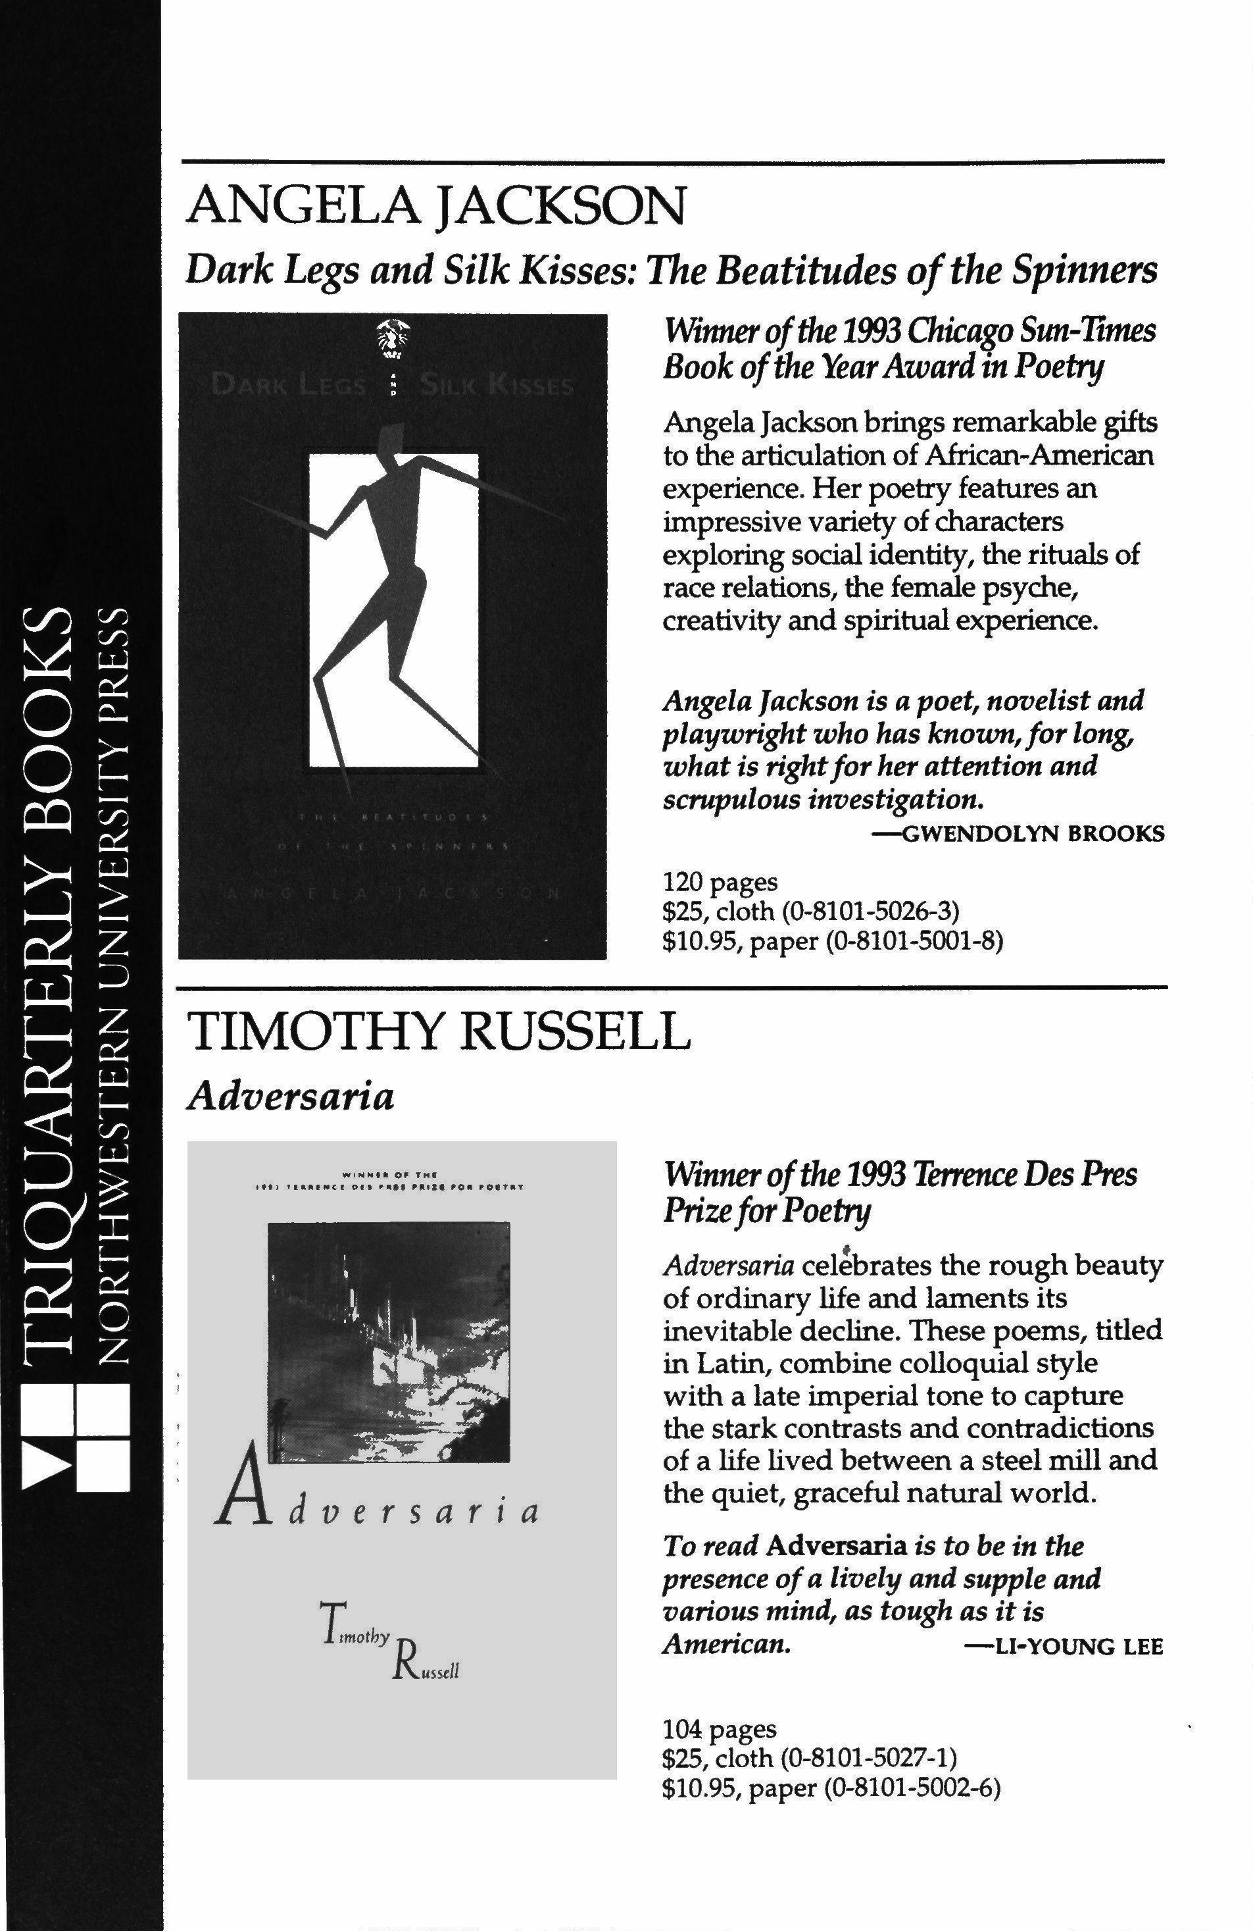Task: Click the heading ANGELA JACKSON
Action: click(x=435, y=206)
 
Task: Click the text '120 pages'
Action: click(x=720, y=881)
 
